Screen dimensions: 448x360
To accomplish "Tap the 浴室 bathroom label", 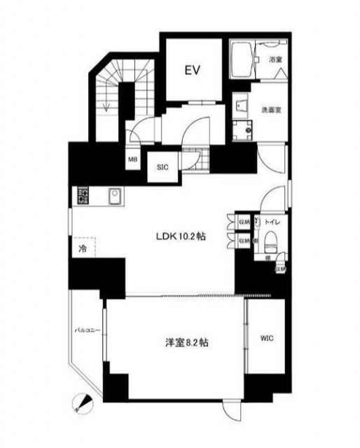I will pos(275,61).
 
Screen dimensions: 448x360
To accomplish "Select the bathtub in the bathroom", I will pos(244,61).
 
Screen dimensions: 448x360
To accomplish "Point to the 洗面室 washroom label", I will pos(270,109).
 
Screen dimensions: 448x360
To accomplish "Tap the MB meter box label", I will pos(132,160).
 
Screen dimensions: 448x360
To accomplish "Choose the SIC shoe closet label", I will pos(162,167).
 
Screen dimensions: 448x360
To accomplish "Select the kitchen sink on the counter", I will pos(114,195).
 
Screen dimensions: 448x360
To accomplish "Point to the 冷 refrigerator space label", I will pos(82,248).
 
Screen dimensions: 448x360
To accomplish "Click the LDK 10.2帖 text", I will pos(180,236).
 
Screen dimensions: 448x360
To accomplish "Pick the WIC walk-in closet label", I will pos(267,339).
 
